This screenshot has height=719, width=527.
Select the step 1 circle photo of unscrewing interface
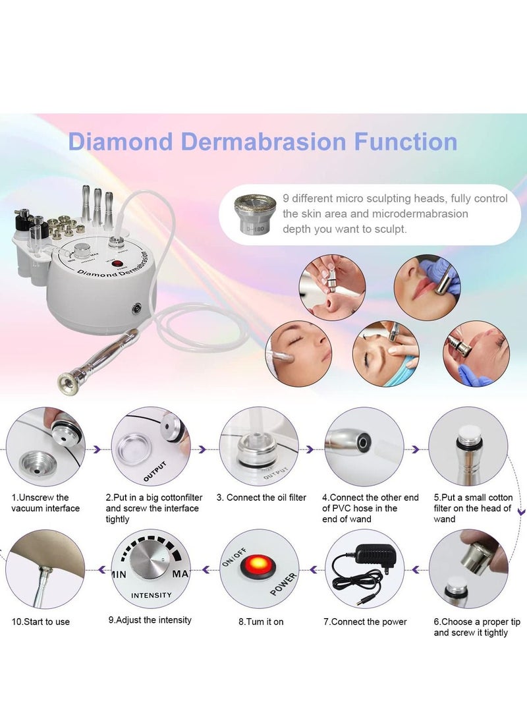point(45,446)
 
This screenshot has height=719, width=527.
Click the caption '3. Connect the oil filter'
point(266,498)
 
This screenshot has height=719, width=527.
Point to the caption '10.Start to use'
point(40,621)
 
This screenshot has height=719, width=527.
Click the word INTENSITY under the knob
point(152,595)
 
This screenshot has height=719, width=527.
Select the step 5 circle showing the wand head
point(468,446)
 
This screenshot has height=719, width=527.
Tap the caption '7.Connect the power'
point(364,621)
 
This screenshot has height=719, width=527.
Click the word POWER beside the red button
point(284,584)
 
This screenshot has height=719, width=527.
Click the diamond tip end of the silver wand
point(67,380)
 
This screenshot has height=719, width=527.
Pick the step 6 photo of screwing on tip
point(468,569)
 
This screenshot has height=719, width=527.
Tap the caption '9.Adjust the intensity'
point(150,620)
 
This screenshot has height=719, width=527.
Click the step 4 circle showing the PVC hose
point(364,446)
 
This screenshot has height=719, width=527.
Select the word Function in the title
point(405,142)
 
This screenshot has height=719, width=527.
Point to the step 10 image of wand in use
point(45,569)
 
